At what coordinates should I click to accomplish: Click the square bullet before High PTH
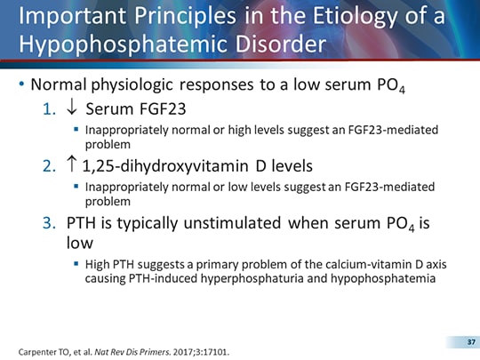76,265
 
